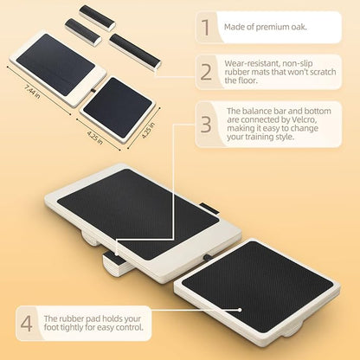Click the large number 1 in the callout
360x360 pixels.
206,28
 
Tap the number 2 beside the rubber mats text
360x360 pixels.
206,72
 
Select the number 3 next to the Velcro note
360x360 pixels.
206,124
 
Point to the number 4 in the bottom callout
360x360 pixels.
27,323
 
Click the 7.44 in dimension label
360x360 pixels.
32,90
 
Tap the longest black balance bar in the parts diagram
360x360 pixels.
135,51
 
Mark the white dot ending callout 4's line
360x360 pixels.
240,310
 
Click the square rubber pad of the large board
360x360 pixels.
257,286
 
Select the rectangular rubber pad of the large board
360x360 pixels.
138,212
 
